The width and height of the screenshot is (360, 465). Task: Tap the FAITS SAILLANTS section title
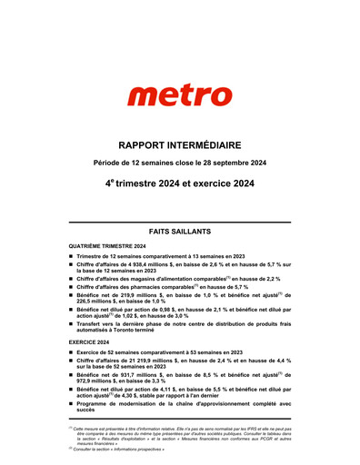(180, 232)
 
